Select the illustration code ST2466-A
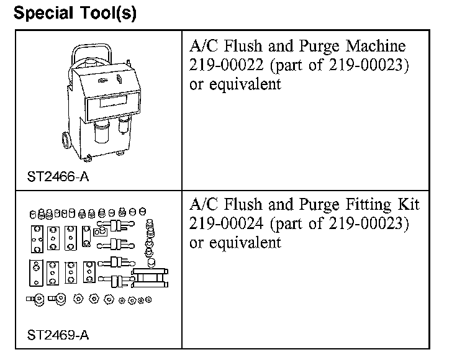point(58,176)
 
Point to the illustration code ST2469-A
point(58,336)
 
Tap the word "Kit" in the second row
point(409,204)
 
